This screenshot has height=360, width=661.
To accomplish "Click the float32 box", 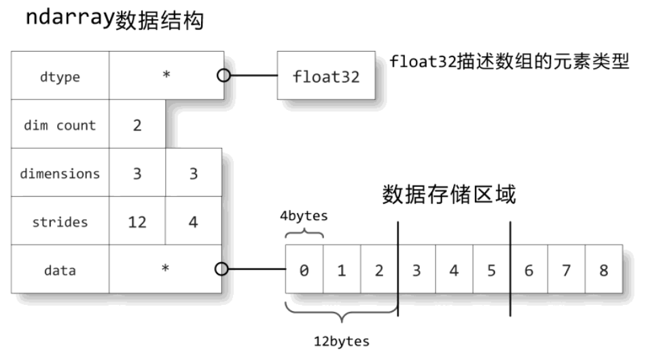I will point(326,77).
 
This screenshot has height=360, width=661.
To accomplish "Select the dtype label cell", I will point(60,77).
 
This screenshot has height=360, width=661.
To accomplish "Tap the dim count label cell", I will point(60,125).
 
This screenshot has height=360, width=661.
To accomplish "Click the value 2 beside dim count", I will point(137,125).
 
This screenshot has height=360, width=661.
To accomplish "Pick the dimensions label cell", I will point(60,173).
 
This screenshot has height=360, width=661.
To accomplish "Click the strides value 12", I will point(137,221).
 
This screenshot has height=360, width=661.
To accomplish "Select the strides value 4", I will point(193,221).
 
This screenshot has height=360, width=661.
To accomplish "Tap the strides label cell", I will point(60,221).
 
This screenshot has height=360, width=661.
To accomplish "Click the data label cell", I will point(60,270).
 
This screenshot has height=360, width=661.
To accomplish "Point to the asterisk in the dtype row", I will point(166,74).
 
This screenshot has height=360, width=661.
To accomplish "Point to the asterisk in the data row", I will point(166,268).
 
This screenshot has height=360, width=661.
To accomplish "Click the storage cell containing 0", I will point(304,270).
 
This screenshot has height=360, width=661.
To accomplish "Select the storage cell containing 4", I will point(454,270).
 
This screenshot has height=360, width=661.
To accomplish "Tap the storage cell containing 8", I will point(603,270).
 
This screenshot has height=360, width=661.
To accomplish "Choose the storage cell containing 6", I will point(529,270).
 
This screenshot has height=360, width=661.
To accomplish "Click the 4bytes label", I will point(304,216).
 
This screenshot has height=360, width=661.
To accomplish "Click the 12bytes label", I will point(342,340).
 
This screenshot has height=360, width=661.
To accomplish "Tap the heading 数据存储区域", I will point(448,195).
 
